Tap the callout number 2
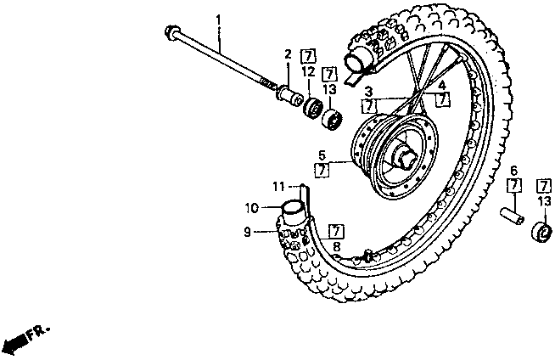[288, 55]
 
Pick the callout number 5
[322, 155]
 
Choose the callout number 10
[251, 207]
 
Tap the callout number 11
[278, 187]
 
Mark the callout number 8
[336, 245]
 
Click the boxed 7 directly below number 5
[322, 170]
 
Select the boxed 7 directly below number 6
[513, 186]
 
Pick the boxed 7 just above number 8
[336, 230]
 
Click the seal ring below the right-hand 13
[540, 232]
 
